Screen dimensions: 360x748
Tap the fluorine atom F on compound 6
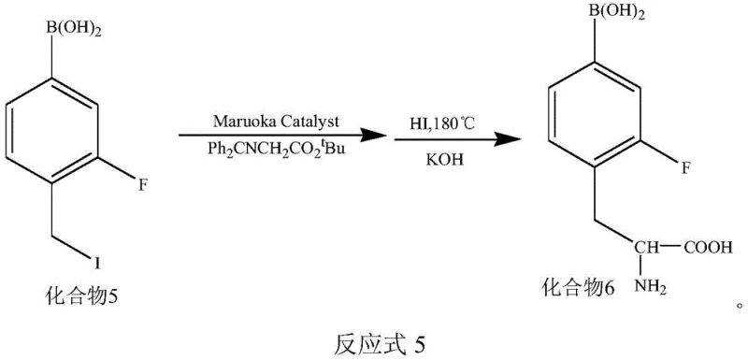point(684,168)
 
